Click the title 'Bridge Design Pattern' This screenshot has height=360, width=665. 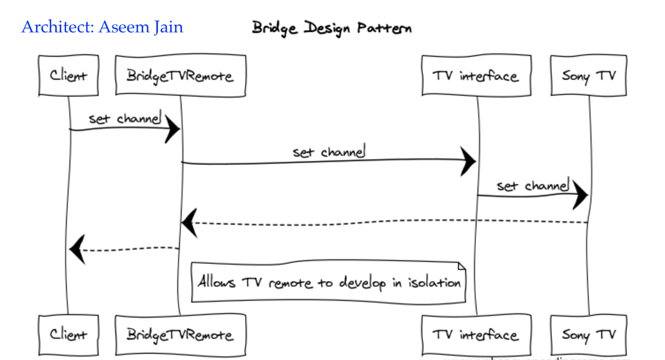click(332, 28)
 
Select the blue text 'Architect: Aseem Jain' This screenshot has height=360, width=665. click(102, 27)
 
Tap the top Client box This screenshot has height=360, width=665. click(68, 75)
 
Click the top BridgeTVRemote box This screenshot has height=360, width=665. click(180, 75)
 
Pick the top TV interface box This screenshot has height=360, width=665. click(476, 75)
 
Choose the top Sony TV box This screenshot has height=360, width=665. click(588, 75)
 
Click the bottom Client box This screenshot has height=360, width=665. click(68, 335)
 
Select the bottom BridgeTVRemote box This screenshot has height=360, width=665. click(180, 335)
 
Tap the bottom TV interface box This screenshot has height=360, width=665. click(476, 335)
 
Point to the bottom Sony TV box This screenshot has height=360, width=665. click(588, 335)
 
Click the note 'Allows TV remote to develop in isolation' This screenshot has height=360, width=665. click(329, 282)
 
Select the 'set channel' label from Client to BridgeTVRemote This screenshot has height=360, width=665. click(125, 118)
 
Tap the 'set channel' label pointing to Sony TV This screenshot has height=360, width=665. click(533, 186)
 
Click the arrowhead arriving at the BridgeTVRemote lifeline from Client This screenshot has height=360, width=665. click(173, 129)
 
